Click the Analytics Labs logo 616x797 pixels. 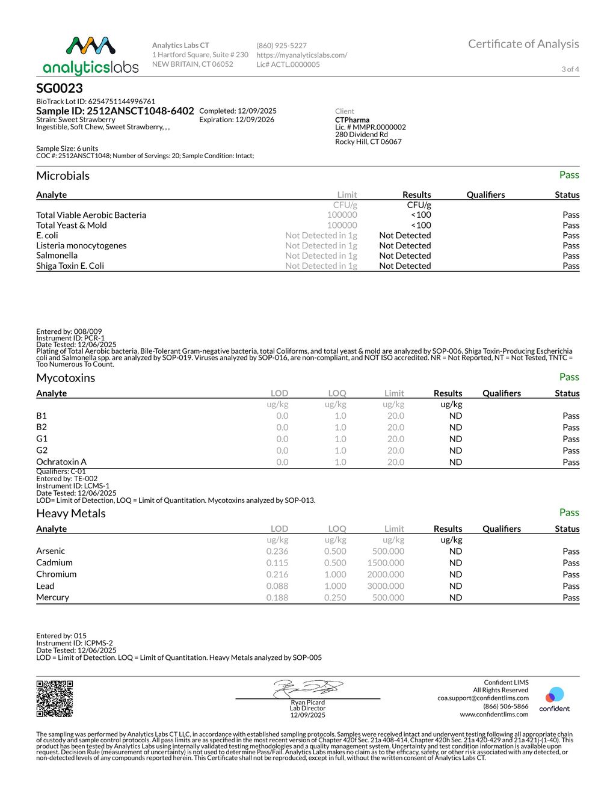[x=91, y=55]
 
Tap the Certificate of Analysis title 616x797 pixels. [x=523, y=44]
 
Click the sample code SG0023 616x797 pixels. [x=60, y=88]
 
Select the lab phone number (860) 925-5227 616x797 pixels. [x=282, y=46]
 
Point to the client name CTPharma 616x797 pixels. [x=353, y=120]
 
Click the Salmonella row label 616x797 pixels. [x=57, y=256]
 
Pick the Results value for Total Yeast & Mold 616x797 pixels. [x=421, y=225]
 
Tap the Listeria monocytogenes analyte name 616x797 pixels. [x=81, y=245]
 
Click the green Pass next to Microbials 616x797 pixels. [x=569, y=175]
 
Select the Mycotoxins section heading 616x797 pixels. [x=66, y=378]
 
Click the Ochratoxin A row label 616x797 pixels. [x=61, y=462]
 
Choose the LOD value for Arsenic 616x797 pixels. [x=277, y=551]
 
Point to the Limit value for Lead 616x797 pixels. [x=386, y=586]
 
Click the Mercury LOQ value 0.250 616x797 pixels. [x=335, y=597]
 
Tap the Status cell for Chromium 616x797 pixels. [x=571, y=574]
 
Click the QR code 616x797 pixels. [x=55, y=698]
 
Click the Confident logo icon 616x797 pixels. [x=554, y=696]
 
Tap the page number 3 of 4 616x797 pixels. [x=570, y=69]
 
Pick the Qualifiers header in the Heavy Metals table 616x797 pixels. [x=502, y=529]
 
